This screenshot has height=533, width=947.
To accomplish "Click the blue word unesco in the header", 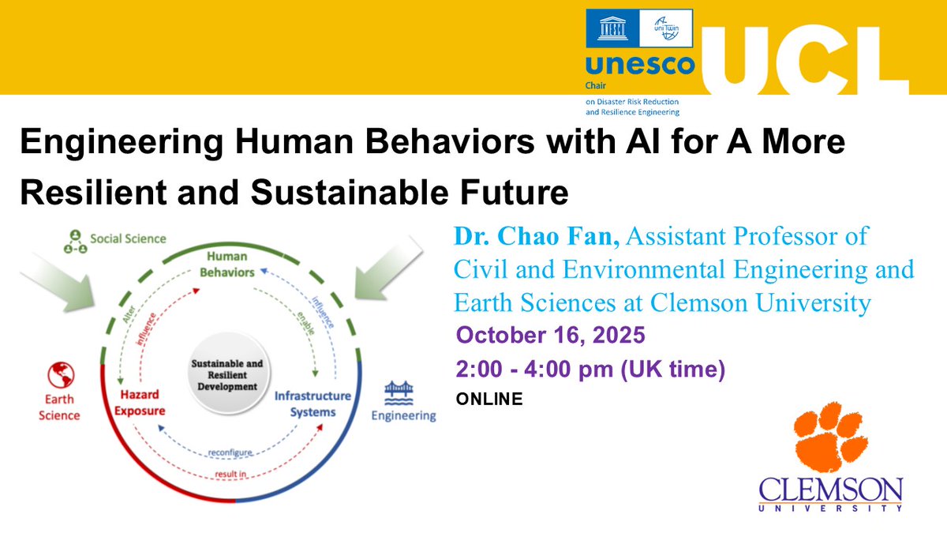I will (x=628, y=66).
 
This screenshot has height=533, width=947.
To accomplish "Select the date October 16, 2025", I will (x=550, y=335).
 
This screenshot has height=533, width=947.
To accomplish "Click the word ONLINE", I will (x=489, y=400).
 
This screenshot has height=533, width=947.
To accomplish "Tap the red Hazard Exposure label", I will (x=142, y=403).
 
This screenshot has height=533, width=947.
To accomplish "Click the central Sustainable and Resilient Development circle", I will (x=227, y=375).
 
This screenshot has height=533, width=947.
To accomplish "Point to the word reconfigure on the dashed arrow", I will (x=230, y=452).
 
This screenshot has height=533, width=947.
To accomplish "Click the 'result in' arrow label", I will (x=230, y=474).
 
